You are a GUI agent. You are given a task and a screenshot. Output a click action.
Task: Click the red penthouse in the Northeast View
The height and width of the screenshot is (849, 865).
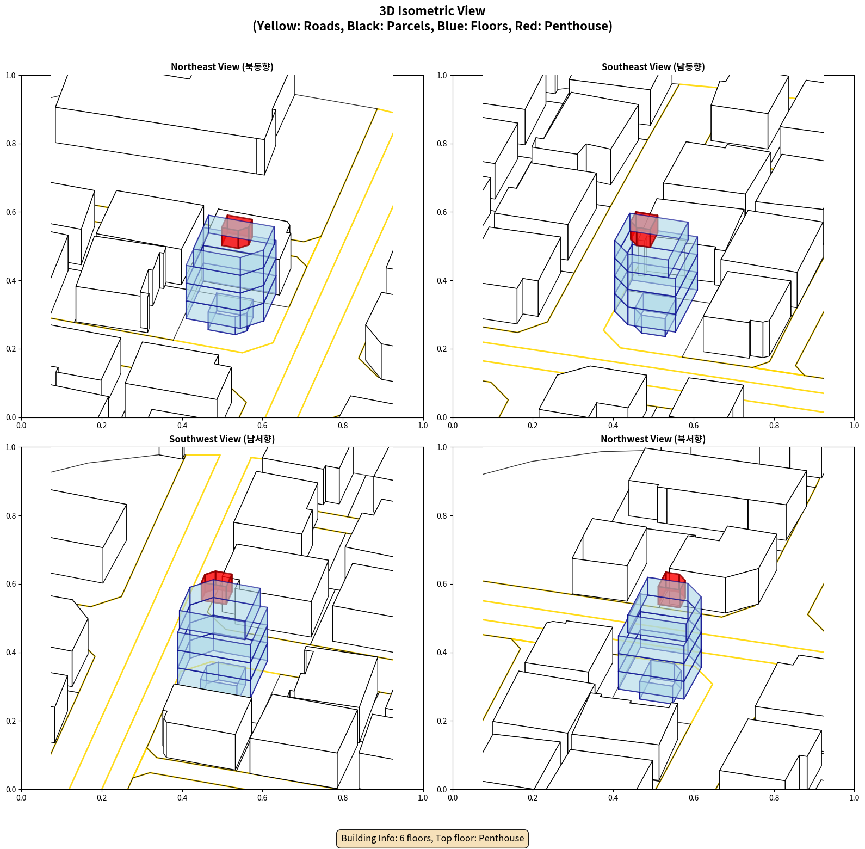point(237,232)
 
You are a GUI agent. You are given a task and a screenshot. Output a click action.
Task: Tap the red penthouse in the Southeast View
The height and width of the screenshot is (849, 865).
point(644,229)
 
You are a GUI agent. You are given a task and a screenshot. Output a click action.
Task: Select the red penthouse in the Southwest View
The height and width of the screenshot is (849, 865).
point(217,587)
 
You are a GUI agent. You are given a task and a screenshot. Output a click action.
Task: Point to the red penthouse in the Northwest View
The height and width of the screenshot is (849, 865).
point(671,589)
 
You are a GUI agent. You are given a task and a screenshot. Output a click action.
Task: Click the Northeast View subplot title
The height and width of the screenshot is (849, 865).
point(222,66)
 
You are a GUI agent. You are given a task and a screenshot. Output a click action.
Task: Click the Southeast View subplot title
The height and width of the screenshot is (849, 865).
point(653,66)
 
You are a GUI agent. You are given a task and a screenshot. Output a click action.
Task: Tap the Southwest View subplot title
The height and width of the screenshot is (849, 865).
point(222,439)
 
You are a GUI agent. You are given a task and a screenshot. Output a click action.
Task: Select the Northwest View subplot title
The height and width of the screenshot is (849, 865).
point(653,439)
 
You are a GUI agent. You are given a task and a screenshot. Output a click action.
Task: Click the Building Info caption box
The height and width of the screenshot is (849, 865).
point(432,838)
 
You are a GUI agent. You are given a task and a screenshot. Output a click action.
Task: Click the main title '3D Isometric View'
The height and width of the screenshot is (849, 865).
point(432,11)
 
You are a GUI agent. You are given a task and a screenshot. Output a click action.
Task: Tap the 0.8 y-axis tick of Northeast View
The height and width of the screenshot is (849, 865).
point(11,144)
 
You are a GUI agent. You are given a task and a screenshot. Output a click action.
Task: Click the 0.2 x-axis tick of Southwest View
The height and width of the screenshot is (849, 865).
point(102,798)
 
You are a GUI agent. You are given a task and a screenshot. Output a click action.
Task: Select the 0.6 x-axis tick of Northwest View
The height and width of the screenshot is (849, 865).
point(694,798)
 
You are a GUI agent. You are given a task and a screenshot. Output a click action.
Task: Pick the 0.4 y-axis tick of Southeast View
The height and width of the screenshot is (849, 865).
point(442,280)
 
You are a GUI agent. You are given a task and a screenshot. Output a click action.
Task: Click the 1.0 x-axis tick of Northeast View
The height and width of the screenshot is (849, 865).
point(423,426)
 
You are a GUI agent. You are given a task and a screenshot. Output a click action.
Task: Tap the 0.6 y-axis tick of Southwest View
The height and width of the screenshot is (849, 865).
point(11,584)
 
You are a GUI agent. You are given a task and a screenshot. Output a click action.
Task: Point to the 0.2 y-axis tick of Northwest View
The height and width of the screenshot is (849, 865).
point(442,721)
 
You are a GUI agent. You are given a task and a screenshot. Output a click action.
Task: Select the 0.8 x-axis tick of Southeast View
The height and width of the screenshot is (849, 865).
point(774,426)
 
